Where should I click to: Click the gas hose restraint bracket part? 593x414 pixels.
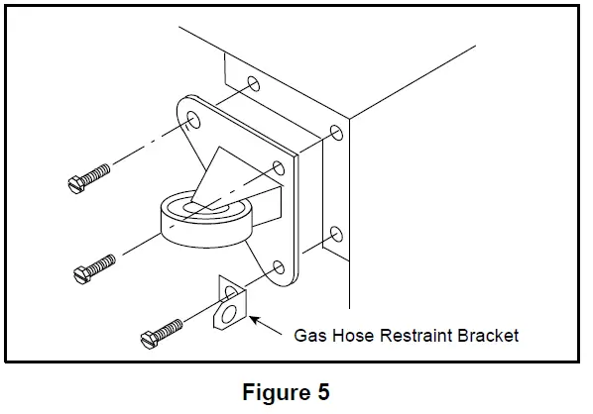pos(230,305)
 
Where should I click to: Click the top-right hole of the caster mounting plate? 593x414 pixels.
pos(278,165)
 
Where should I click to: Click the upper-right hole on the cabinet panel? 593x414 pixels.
pos(335,133)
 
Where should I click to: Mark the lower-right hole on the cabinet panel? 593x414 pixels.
pos(335,235)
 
